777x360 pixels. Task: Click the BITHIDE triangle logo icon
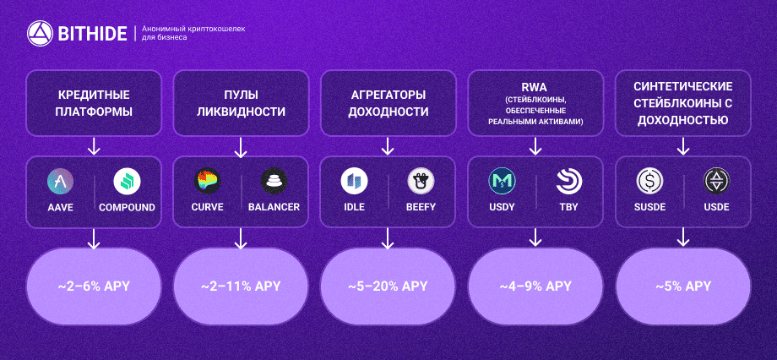40,34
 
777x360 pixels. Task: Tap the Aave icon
61,182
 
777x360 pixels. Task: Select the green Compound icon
127,182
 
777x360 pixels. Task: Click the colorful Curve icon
207,181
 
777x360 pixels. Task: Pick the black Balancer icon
274,181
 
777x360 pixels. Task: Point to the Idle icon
355,181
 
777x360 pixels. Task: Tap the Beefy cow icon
421,181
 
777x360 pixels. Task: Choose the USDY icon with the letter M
502,181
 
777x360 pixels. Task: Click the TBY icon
568,181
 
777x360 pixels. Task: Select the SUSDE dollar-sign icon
649,181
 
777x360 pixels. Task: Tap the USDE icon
716,181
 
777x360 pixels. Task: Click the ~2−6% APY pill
94,286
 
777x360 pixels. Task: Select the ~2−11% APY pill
241,286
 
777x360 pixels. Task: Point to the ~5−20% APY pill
388,286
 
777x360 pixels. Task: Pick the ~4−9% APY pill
535,286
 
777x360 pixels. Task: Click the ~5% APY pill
683,286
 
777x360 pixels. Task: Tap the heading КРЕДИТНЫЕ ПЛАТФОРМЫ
94,103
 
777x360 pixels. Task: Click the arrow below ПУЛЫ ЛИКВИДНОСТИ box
241,147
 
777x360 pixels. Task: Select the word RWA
535,88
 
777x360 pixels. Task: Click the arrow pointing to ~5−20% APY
388,238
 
